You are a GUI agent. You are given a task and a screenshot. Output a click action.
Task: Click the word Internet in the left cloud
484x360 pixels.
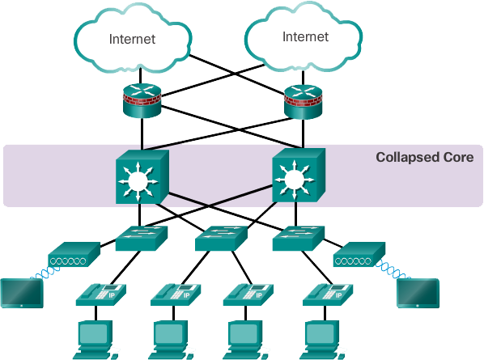131,38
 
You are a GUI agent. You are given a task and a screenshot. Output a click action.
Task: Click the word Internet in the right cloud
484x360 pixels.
305,36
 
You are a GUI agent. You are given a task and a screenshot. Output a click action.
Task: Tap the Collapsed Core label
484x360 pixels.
428,157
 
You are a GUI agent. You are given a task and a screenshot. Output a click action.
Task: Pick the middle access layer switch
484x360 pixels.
220,238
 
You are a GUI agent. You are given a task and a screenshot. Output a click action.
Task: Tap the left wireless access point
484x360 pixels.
74,256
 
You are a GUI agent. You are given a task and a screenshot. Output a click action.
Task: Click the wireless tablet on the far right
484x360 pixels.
418,293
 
